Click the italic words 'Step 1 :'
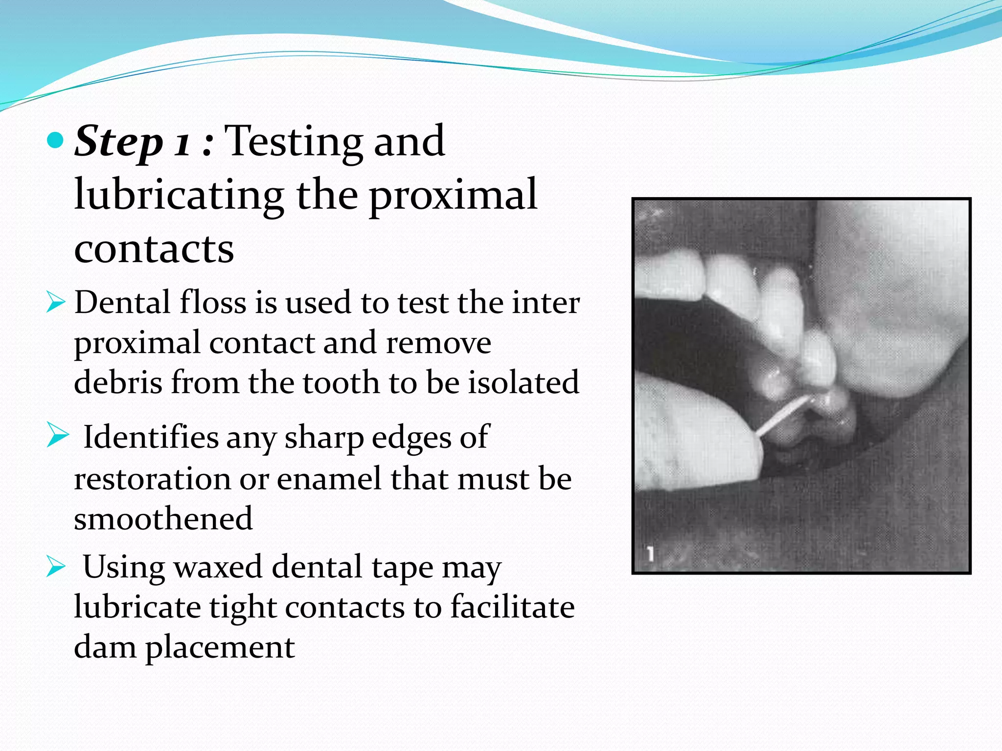coord(143,141)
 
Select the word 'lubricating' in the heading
coord(179,195)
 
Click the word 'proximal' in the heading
coord(453,195)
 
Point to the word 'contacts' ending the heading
coord(154,248)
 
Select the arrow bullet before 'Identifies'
coord(57,435)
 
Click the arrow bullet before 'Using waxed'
coord(56,567)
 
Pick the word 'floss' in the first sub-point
coord(213,302)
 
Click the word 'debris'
coord(118,382)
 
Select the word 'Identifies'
coord(151,437)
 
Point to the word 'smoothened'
coord(163,519)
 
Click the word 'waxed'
coord(218,567)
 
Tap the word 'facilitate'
coord(512,607)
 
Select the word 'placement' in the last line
coord(220,647)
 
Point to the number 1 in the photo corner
coord(650,554)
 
